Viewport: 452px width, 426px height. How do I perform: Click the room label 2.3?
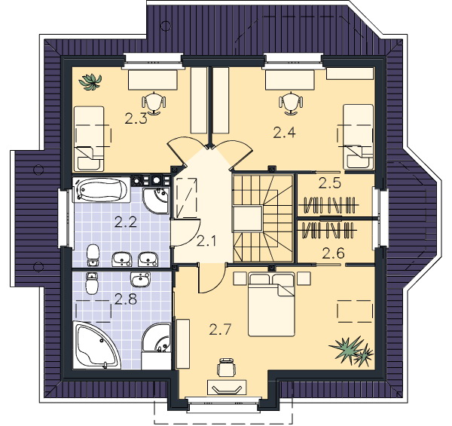[x=136, y=118]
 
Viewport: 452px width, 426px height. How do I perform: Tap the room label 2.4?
[x=285, y=133]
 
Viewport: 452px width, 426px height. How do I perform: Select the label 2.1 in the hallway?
[x=206, y=241]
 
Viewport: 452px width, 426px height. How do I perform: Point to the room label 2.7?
[x=220, y=329]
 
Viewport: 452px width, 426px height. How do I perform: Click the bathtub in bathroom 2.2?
[x=102, y=189]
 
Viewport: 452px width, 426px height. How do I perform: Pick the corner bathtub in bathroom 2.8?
[x=96, y=346]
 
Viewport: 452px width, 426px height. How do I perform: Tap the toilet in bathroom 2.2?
[x=93, y=255]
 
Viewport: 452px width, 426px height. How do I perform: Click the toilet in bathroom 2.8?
[x=92, y=283]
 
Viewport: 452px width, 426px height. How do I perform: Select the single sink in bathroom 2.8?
[x=140, y=279]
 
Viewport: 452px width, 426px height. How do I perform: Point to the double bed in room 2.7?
[x=271, y=305]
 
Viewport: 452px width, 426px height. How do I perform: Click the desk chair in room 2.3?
[x=154, y=103]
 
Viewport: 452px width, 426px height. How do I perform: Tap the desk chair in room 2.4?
[x=291, y=103]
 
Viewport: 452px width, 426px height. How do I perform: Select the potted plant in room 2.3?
[x=90, y=82]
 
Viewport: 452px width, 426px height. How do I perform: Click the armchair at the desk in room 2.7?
[x=227, y=366]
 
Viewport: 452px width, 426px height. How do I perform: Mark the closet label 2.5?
[x=330, y=183]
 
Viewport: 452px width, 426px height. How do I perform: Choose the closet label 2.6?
[x=333, y=254]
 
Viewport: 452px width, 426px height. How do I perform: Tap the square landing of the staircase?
[x=248, y=219]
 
